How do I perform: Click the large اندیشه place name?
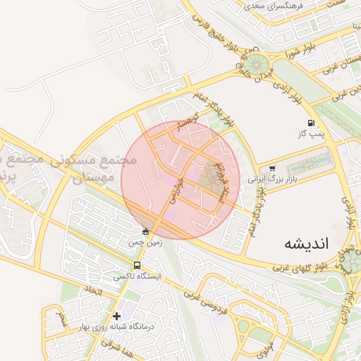click(306, 243)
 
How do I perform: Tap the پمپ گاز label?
click(310, 133)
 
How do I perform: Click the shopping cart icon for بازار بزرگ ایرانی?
click(272, 169)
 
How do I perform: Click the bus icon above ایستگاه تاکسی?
click(137, 265)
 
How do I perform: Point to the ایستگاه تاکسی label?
click(137, 277)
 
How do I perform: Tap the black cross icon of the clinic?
click(116, 315)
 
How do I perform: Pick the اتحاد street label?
click(93, 290)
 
